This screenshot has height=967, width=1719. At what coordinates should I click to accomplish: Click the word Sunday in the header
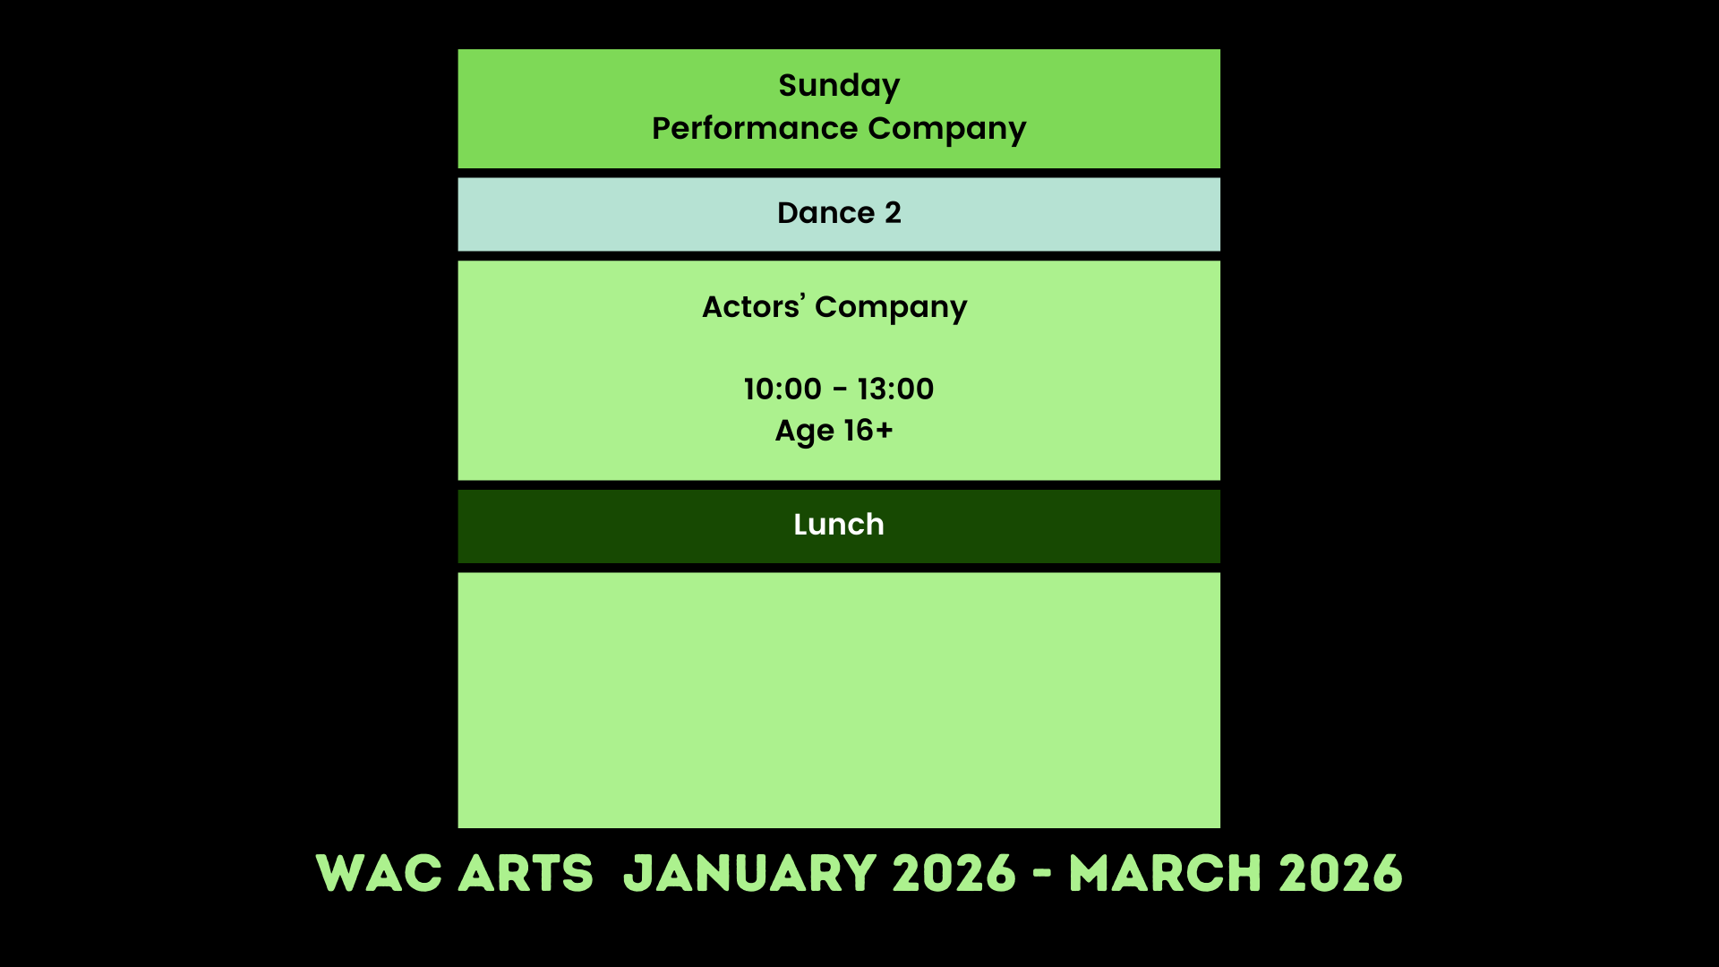click(839, 87)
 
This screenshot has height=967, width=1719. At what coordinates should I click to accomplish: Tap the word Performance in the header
click(755, 128)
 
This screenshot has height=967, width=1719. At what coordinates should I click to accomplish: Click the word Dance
click(825, 213)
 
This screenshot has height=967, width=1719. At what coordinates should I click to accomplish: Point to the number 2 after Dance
click(893, 213)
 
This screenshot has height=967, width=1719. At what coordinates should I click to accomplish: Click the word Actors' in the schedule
click(754, 306)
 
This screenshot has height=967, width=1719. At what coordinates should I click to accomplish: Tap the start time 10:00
click(783, 389)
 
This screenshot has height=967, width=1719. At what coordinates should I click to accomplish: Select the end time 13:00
click(895, 389)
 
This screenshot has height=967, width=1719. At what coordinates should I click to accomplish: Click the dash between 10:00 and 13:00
click(840, 390)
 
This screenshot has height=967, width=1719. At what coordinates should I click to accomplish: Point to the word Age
click(804, 432)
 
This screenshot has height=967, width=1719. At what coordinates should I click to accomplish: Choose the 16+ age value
click(868, 431)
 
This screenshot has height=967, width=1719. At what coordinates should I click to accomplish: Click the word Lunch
click(839, 525)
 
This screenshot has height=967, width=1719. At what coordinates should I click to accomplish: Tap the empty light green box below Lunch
click(839, 700)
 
